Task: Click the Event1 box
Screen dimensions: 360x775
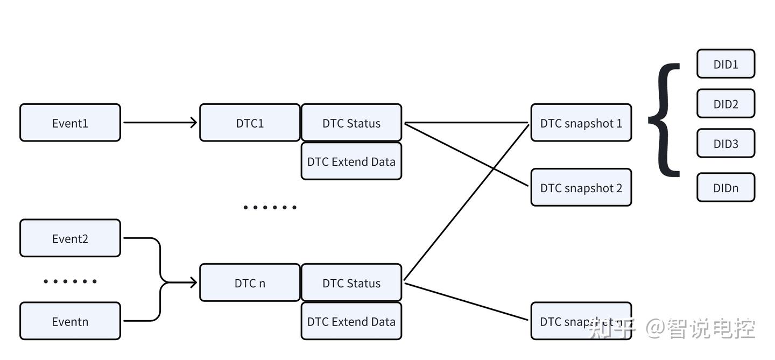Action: pos(70,123)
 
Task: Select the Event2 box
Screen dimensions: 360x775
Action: pos(70,238)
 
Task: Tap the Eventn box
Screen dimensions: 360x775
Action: pos(70,321)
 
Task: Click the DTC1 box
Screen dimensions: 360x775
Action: pos(250,123)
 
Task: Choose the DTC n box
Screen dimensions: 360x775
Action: pos(250,283)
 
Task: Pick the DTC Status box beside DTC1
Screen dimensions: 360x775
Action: pos(351,123)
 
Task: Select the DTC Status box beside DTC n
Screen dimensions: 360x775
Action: pos(351,283)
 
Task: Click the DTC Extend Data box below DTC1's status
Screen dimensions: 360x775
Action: pos(351,161)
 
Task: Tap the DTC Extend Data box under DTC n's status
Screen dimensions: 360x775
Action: pos(351,321)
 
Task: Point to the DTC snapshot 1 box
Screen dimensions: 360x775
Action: pos(581,123)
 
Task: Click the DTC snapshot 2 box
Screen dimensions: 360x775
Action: pos(581,188)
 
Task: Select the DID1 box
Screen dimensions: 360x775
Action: pos(725,64)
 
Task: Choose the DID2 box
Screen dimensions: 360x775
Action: pos(725,104)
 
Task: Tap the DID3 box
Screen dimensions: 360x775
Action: pos(725,144)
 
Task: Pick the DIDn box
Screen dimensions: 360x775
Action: pos(725,188)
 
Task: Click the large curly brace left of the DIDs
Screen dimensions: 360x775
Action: pos(665,119)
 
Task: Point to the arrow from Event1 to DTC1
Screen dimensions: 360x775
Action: pos(159,123)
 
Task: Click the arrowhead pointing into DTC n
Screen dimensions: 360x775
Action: pos(192,283)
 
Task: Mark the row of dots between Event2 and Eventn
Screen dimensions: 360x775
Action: pos(70,281)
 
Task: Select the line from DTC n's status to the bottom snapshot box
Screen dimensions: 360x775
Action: pos(466,301)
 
